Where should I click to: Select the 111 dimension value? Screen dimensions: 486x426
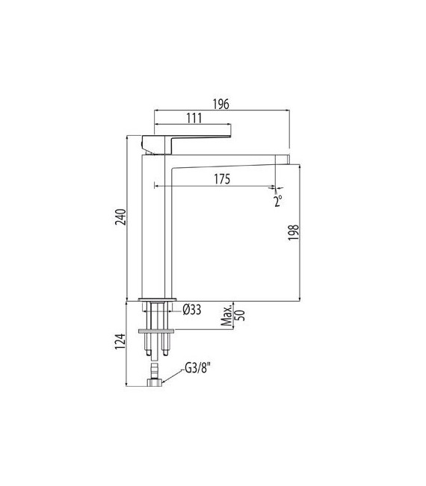click(194, 118)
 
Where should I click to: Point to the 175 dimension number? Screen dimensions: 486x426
click(220, 179)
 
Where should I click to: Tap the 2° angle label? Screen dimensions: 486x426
click(278, 201)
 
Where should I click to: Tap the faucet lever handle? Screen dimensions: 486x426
click(191, 137)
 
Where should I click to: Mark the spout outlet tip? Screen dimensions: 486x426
click(284, 159)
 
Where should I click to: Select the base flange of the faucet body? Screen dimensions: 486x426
click(157, 300)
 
